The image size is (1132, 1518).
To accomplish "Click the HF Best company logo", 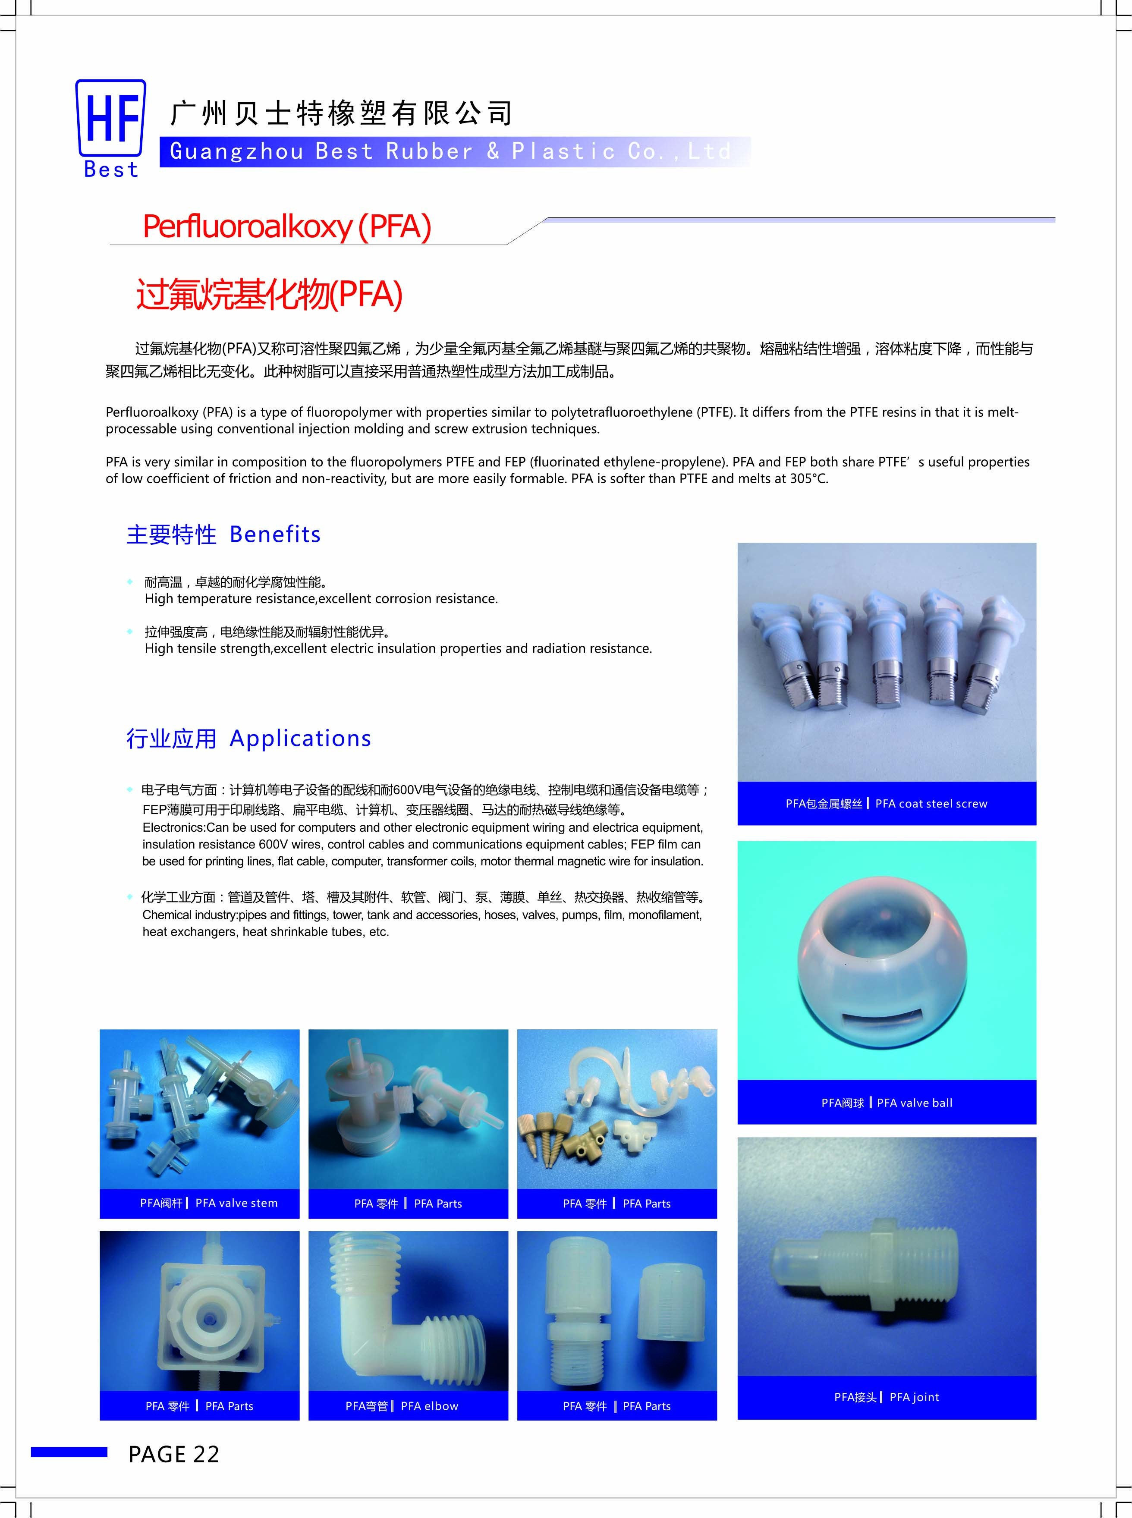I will [110, 128].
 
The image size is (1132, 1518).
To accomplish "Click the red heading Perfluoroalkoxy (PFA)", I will [286, 227].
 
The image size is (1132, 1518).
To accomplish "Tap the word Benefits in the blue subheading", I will [275, 534].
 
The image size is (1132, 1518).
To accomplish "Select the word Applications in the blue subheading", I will [300, 739].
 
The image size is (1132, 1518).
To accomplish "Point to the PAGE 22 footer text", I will [173, 1454].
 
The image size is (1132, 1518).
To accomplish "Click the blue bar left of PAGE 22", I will [69, 1452].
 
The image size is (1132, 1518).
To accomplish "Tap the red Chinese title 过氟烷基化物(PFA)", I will [269, 295].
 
